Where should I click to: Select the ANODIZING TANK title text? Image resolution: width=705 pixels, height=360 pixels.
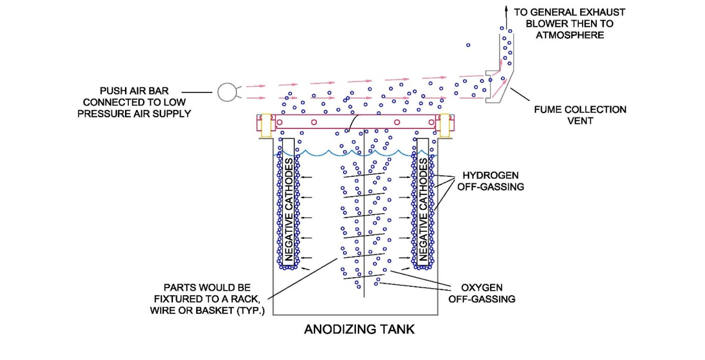pyautogui.click(x=359, y=330)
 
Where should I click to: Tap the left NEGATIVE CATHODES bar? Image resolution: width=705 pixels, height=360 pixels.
pyautogui.click(x=287, y=201)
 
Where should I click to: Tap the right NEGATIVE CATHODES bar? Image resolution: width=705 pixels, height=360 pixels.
pyautogui.click(x=424, y=201)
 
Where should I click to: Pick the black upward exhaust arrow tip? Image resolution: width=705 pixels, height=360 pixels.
pyautogui.click(x=506, y=6)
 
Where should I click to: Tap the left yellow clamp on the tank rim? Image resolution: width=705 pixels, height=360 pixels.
pyautogui.click(x=265, y=126)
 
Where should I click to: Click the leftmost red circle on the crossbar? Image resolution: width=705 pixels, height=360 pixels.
pyautogui.click(x=280, y=122)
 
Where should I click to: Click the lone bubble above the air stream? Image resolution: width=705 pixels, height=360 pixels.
pyautogui.click(x=468, y=45)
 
